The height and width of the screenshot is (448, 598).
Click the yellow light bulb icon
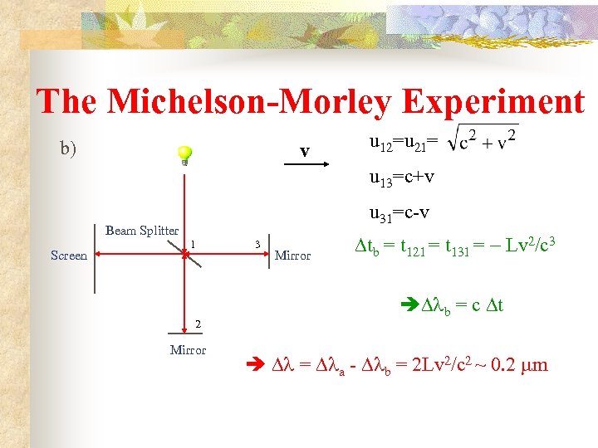coord(184,155)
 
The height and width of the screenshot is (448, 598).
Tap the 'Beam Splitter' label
coord(142,231)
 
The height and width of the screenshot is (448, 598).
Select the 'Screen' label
coord(69,256)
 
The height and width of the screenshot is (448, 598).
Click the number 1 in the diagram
coord(193,243)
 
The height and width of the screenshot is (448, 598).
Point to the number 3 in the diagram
coord(258,244)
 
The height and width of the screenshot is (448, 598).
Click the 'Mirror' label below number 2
coord(188,349)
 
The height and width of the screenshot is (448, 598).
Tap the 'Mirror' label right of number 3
coord(292,256)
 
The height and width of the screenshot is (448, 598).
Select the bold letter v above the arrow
coord(305,151)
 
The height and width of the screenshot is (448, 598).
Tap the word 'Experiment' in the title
coord(493,102)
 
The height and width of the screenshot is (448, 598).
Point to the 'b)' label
coord(68,149)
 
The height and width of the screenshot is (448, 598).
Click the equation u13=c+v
coord(402,177)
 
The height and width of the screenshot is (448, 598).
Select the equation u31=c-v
coord(399,212)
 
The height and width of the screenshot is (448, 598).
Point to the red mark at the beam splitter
coord(186,256)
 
